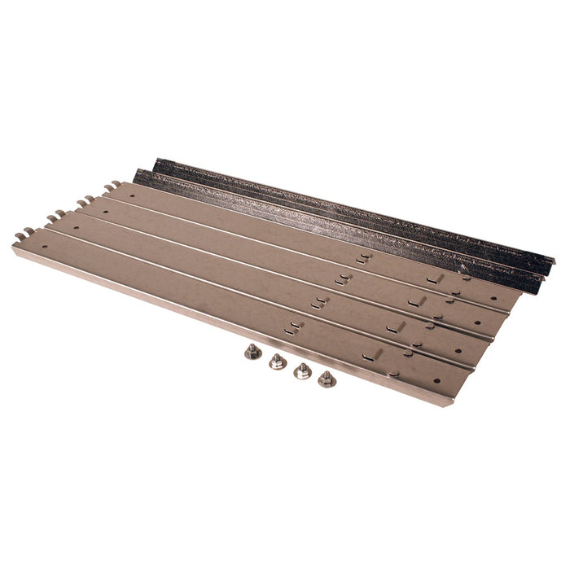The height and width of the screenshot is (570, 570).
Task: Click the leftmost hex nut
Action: [x=252, y=352]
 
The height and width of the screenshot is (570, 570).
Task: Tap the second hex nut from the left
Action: [x=278, y=361]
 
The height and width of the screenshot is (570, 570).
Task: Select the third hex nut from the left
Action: [x=303, y=370]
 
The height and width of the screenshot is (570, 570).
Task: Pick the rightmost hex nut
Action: [x=327, y=378]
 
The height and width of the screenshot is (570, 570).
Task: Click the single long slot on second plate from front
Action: [x=397, y=327]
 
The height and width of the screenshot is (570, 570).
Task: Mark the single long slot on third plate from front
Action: [x=417, y=301]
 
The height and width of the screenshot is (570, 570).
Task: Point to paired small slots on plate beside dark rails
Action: [x=363, y=258]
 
